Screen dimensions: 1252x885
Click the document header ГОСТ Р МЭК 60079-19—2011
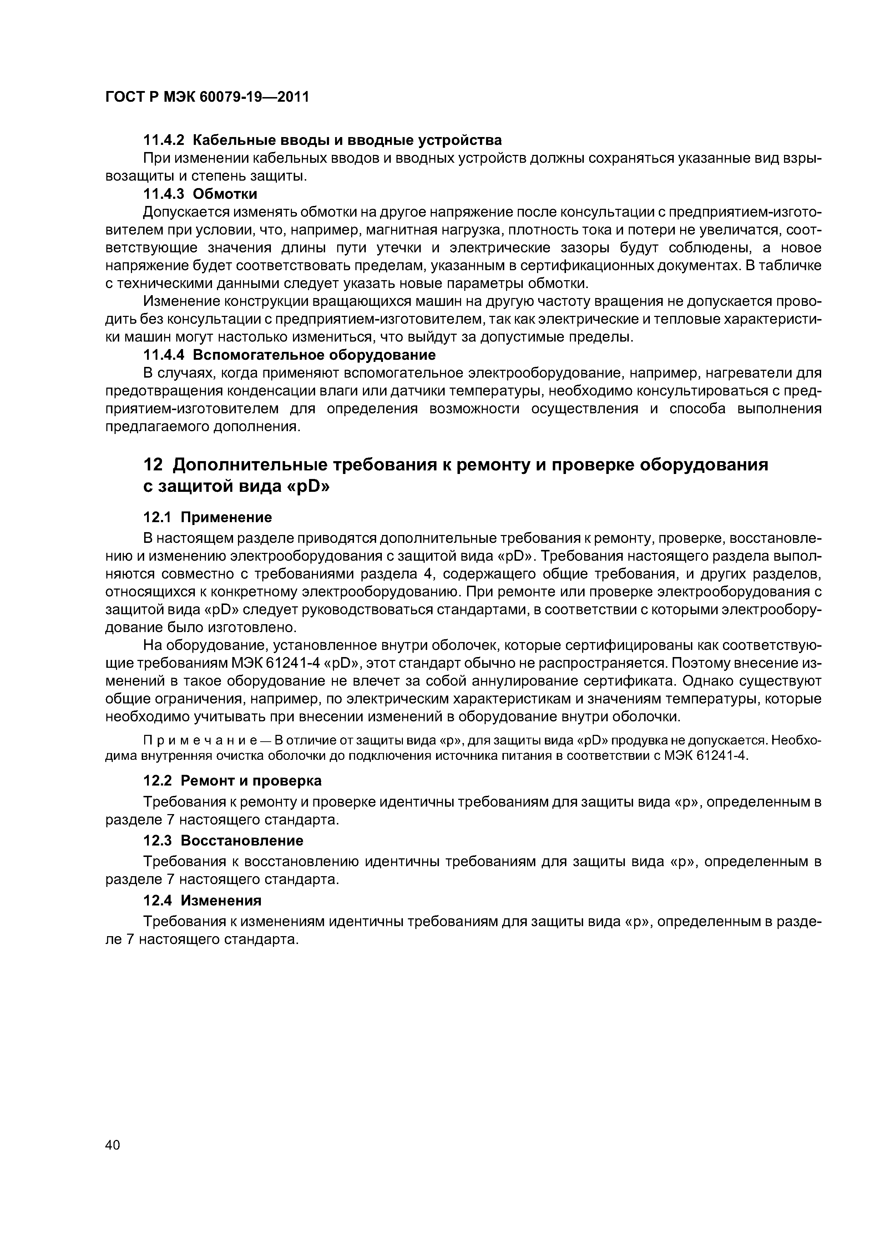[x=207, y=97]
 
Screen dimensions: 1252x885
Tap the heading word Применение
[x=226, y=517]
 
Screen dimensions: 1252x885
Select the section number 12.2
[x=158, y=781]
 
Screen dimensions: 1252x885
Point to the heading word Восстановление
[x=242, y=840]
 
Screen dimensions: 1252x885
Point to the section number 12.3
[x=158, y=840]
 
